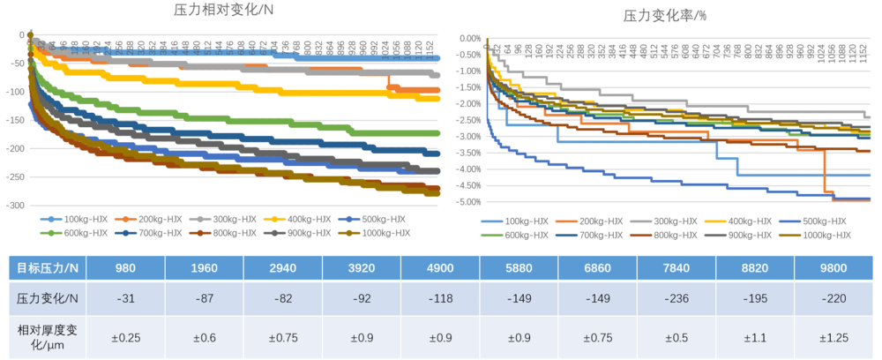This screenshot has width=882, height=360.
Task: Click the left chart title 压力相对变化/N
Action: pyautogui.click(x=222, y=11)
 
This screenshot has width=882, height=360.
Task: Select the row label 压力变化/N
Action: pyautogui.click(x=48, y=299)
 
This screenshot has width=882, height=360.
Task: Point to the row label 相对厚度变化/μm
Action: pyautogui.click(x=48, y=336)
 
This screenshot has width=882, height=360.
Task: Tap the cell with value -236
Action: pyautogui.click(x=676, y=299)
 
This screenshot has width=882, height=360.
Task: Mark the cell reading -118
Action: pyautogui.click(x=440, y=299)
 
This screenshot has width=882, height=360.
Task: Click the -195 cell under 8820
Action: pyautogui.click(x=754, y=299)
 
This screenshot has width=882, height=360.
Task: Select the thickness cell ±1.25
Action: pyautogui.click(x=833, y=336)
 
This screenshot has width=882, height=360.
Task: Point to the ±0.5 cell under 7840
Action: pyautogui.click(x=676, y=336)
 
